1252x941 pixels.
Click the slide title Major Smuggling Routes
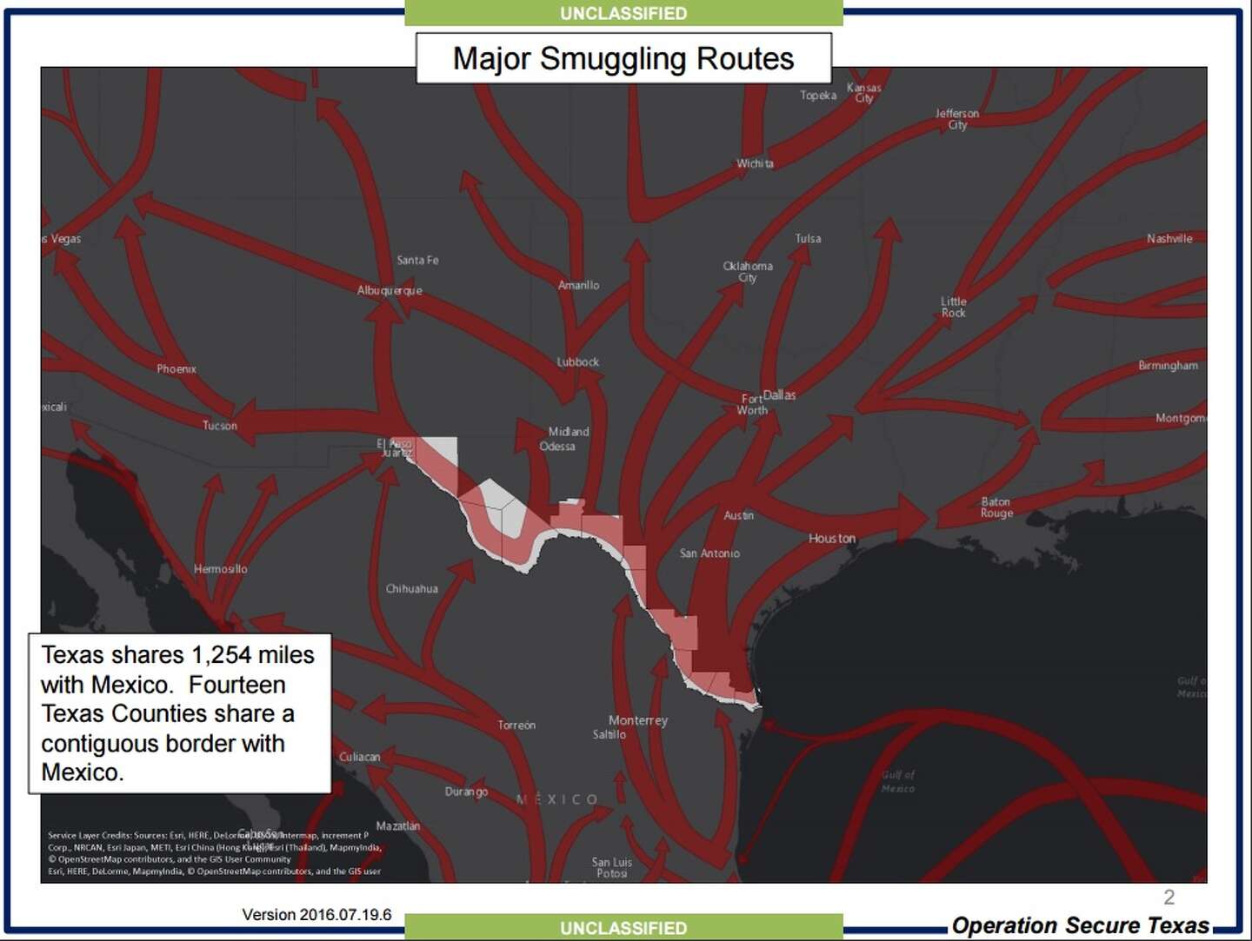point(623,58)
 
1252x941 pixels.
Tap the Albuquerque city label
point(390,290)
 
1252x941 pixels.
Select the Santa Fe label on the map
point(417,260)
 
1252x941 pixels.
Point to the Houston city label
point(832,539)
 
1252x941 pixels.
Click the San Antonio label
point(709,553)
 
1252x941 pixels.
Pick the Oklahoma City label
point(748,271)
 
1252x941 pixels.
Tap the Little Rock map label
point(953,307)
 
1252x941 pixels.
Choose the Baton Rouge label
point(996,507)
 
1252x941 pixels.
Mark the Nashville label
point(1169,239)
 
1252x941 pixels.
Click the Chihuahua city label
point(411,589)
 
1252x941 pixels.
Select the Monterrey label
point(638,720)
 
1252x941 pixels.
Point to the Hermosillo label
point(220,569)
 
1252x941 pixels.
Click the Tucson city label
point(219,426)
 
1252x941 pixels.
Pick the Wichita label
point(755,163)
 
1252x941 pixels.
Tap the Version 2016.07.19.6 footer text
point(316,914)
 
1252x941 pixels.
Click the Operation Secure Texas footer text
point(1080,925)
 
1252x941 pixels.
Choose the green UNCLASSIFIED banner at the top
point(623,13)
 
